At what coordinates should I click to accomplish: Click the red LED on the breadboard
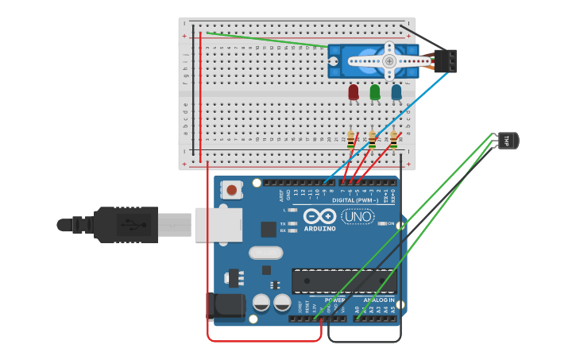coord(354,92)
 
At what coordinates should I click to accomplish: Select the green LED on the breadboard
coord(375,92)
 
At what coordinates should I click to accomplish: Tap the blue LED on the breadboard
coord(396,92)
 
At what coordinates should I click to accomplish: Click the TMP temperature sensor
coord(508,141)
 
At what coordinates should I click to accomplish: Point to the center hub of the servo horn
coord(389,61)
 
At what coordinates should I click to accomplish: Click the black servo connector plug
coord(446,61)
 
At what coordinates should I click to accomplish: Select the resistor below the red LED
coord(350,141)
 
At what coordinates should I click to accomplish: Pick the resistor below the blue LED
coord(393,141)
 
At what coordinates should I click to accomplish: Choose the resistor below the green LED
coord(372,141)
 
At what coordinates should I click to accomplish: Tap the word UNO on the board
coord(358,216)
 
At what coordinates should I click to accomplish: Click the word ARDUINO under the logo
coord(319,228)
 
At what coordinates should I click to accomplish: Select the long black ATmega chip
coord(344,281)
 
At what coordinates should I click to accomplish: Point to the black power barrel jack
coord(225,307)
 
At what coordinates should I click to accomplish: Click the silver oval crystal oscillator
coord(265,253)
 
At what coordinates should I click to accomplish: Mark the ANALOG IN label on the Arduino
coord(379,300)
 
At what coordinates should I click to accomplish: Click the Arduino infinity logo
coord(319,216)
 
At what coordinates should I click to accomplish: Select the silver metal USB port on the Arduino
coord(218,224)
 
